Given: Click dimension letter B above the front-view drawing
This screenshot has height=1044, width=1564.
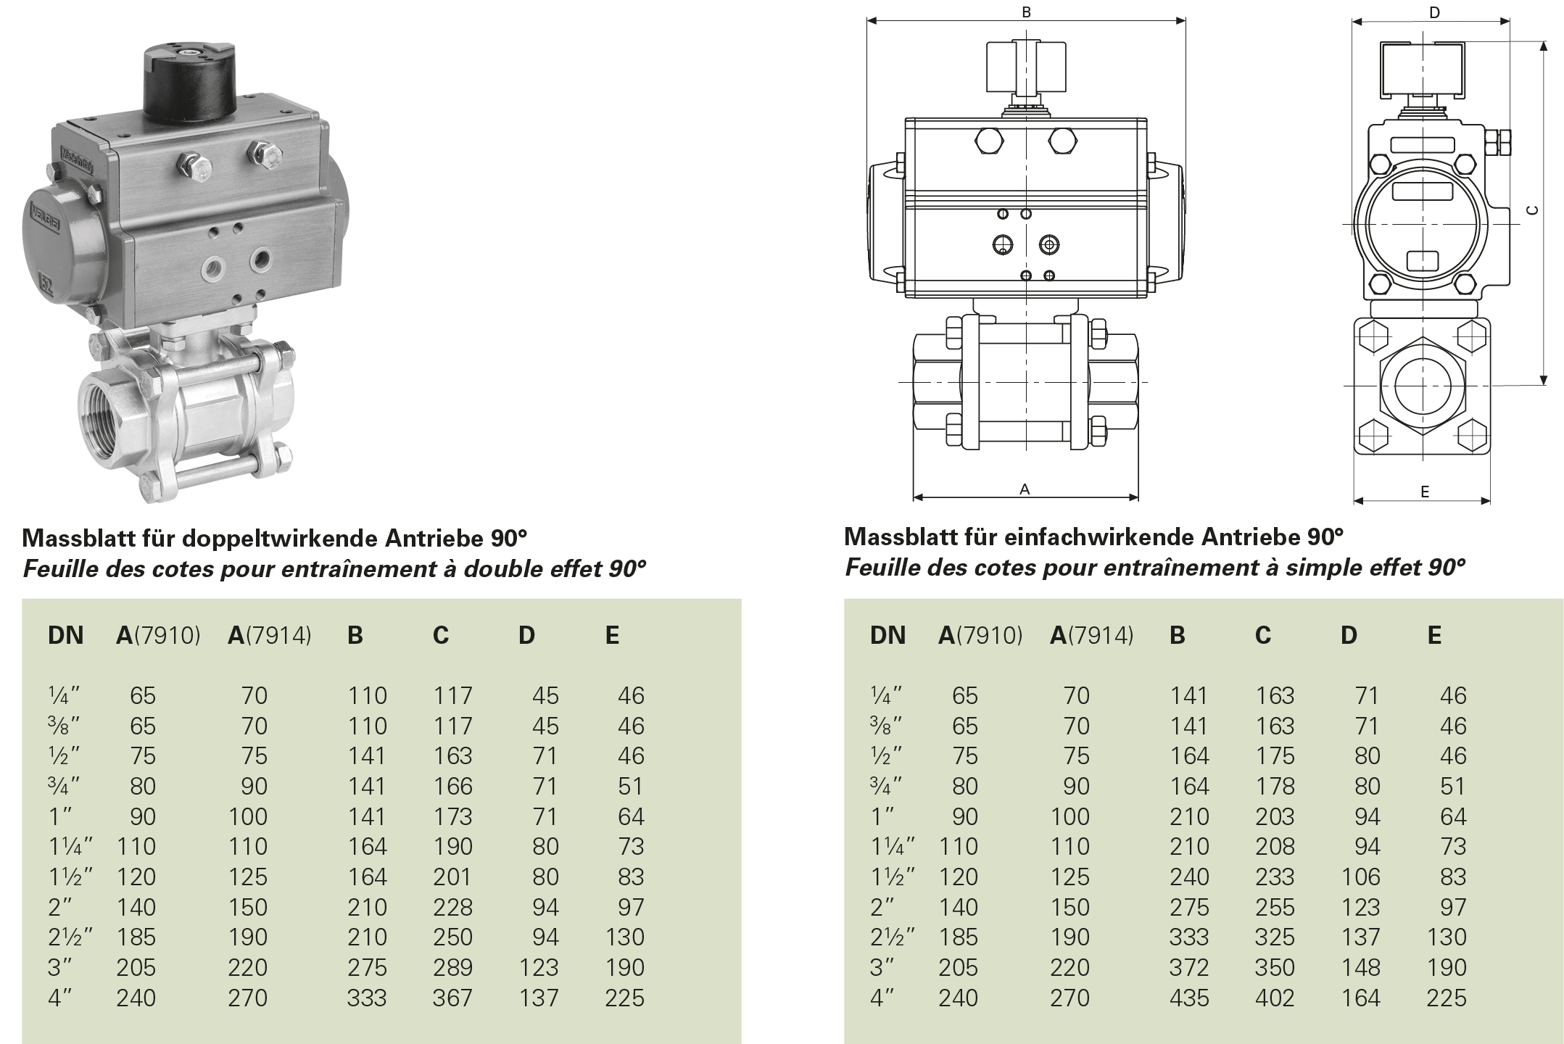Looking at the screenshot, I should (1026, 12).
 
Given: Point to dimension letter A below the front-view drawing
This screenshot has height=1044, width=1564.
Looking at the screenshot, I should (1025, 489).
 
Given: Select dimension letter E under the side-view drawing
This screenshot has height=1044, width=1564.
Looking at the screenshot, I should (1425, 492).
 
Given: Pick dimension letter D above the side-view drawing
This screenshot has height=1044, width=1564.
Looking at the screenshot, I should (1434, 12).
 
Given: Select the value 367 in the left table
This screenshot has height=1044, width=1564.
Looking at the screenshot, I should (452, 998).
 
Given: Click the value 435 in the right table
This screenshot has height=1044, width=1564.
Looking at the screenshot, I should (1189, 998).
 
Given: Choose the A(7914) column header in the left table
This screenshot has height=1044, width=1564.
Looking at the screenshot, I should (270, 635).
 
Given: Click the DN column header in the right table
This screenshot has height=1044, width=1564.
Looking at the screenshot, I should (887, 635).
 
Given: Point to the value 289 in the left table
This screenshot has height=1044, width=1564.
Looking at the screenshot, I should (452, 967).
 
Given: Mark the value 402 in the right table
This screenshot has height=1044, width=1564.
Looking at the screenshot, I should (1275, 998).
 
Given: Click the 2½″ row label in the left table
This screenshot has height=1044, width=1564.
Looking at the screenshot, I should (70, 937).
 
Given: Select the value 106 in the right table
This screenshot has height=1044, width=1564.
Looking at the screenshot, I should (1360, 877).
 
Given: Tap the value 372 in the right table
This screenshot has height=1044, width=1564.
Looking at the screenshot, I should (1189, 967).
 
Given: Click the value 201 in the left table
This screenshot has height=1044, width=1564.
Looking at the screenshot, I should (452, 877).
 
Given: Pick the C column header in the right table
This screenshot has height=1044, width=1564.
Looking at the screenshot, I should (1263, 635).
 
